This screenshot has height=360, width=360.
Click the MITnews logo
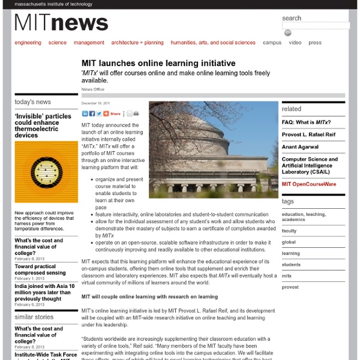[x=62, y=23]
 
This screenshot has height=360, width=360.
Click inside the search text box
[x=316, y=26]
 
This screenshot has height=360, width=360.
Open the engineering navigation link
[x=28, y=43]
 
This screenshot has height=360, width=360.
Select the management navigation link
[x=89, y=43]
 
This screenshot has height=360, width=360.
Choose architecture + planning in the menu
[x=137, y=43]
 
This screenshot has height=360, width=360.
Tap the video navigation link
[x=295, y=43]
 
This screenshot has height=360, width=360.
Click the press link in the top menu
[x=315, y=43]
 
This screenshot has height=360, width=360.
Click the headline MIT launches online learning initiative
[x=158, y=63]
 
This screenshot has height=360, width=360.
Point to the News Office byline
[x=93, y=89]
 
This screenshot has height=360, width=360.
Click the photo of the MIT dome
[x=213, y=149]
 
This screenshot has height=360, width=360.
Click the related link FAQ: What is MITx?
[x=306, y=122]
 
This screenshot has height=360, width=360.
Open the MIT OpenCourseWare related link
[x=308, y=184]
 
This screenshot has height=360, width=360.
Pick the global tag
[x=289, y=242]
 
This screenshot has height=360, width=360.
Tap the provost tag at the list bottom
[x=290, y=287]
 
